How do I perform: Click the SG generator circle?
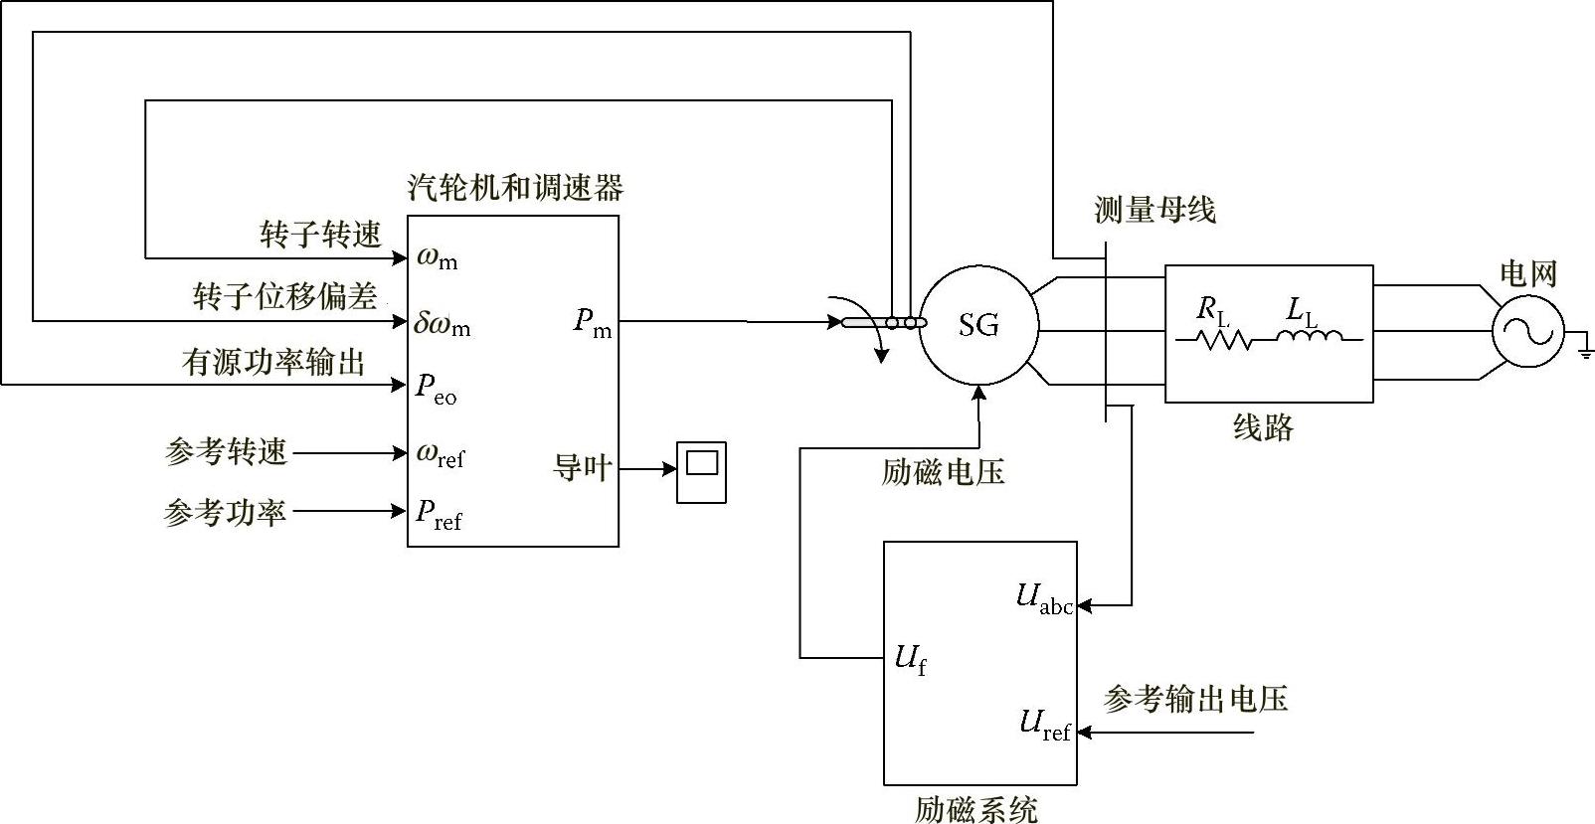coord(978,325)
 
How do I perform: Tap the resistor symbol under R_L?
coord(1213,340)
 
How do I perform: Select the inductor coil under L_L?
coord(1308,337)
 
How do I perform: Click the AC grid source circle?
coord(1527,331)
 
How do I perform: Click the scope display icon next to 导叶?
coord(702,471)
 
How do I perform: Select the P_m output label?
coord(593,323)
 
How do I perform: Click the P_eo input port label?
coord(436,389)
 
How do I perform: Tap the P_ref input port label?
coord(439,514)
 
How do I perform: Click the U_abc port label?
coord(1044,598)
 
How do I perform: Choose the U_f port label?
coord(911,659)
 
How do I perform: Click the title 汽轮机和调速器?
coord(515,187)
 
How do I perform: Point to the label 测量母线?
coord(1154,210)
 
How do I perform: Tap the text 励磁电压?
coord(943,472)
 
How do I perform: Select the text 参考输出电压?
coord(1195,699)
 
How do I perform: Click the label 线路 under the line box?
coord(1263,427)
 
